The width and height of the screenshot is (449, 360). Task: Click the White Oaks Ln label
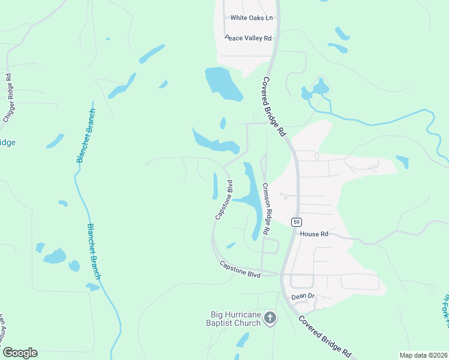tap(252, 18)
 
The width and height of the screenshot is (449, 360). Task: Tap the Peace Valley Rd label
tap(249, 38)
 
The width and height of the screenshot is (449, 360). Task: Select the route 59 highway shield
tap(296, 221)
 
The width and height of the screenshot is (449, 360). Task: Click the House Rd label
tap(315, 234)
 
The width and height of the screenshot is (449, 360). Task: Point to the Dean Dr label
tap(303, 296)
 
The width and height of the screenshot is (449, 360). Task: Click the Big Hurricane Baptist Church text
tap(235, 318)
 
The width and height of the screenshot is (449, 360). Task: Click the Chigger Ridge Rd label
tap(8, 98)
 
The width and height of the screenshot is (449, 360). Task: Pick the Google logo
tap(20, 352)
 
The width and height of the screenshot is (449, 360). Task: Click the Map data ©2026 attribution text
tap(423, 355)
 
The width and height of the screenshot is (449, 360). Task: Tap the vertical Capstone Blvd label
tap(223, 199)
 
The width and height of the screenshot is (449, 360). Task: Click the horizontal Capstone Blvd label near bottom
tap(240, 269)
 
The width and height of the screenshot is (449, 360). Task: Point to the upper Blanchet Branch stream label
tap(86, 136)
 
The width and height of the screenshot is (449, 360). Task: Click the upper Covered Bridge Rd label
tap(274, 107)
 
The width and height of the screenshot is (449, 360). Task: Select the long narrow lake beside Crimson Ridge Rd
tap(255, 198)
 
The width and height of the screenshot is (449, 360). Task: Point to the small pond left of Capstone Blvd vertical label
tap(215, 185)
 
